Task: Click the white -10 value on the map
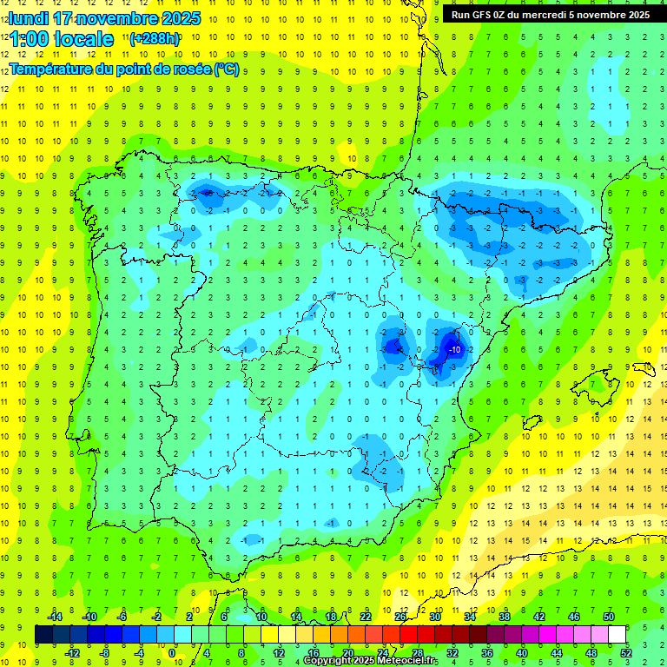pos(455,348)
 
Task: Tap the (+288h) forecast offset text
pos(155,38)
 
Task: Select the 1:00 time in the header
pos(34,39)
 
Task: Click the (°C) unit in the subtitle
pos(226,69)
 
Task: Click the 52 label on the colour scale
pos(626,653)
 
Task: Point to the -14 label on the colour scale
pos(54,617)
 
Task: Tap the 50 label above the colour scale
pos(609,617)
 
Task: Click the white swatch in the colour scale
pos(617,635)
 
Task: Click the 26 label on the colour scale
pos(400,617)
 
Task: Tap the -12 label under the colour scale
pos(72,653)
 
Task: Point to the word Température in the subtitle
pos(50,69)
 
